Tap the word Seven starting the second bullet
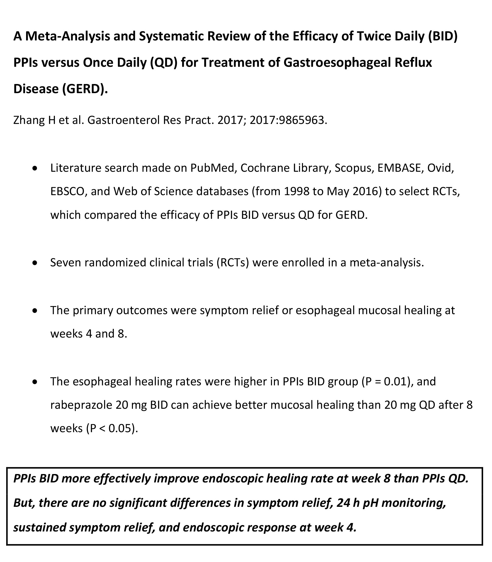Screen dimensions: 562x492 click(66, 262)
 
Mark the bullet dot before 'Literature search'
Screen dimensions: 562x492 click(35, 168)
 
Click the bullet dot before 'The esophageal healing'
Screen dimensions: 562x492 click(35, 382)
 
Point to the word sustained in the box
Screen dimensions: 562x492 click(39, 527)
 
